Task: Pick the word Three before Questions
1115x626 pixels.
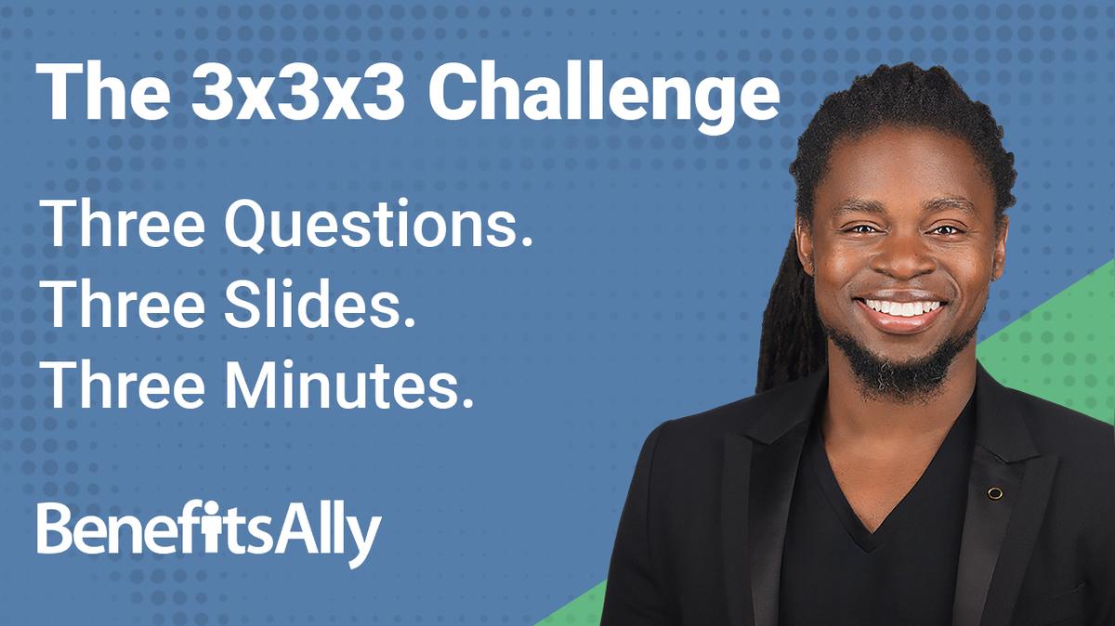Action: tap(116, 225)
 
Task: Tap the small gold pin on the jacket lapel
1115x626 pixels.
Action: tap(994, 493)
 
